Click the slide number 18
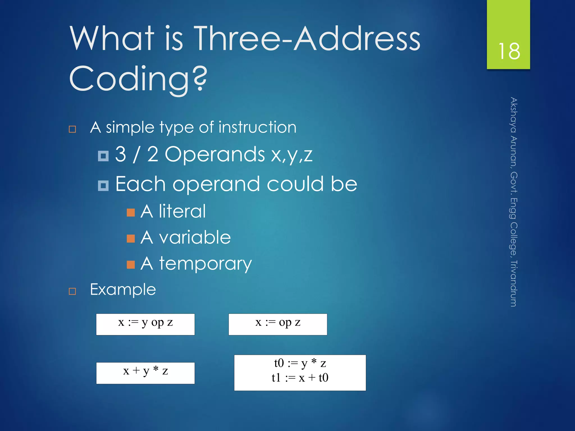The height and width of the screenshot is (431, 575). point(509,51)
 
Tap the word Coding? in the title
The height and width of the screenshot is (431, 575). point(138,79)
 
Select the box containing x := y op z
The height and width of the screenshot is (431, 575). point(145,324)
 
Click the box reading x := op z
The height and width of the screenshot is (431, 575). point(278,324)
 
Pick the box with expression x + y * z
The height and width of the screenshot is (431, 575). point(145,373)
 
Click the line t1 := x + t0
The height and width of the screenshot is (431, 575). point(300,378)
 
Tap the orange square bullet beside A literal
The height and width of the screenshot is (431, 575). point(131,213)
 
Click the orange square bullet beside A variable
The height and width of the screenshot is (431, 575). point(131,239)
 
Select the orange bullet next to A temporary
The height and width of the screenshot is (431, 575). point(131,265)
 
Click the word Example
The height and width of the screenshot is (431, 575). point(123,290)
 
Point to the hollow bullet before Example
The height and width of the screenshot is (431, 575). point(72,291)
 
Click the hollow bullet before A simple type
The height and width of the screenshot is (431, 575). point(72,129)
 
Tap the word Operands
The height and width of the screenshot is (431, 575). point(215,155)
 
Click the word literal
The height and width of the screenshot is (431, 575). point(182,212)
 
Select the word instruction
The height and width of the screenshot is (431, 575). point(257,127)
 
